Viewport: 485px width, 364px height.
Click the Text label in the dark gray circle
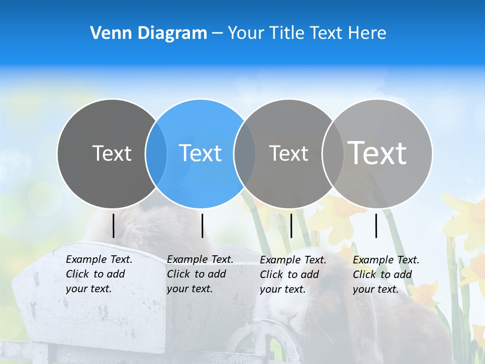pyautogui.click(x=112, y=153)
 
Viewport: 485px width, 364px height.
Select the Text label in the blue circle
pyautogui.click(x=200, y=153)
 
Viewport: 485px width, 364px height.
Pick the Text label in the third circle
pyautogui.click(x=288, y=153)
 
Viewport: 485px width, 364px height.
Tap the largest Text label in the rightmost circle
pyautogui.click(x=377, y=153)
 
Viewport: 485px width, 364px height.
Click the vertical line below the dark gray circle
pyautogui.click(x=114, y=225)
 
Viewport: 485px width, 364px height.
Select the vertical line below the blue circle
pyautogui.click(x=202, y=225)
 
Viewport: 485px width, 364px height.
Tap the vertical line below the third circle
pyautogui.click(x=291, y=225)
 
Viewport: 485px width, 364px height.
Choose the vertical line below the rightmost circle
pyautogui.click(x=376, y=225)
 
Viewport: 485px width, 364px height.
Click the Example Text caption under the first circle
pyautogui.click(x=99, y=274)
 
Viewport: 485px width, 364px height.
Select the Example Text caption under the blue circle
pyautogui.click(x=200, y=274)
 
